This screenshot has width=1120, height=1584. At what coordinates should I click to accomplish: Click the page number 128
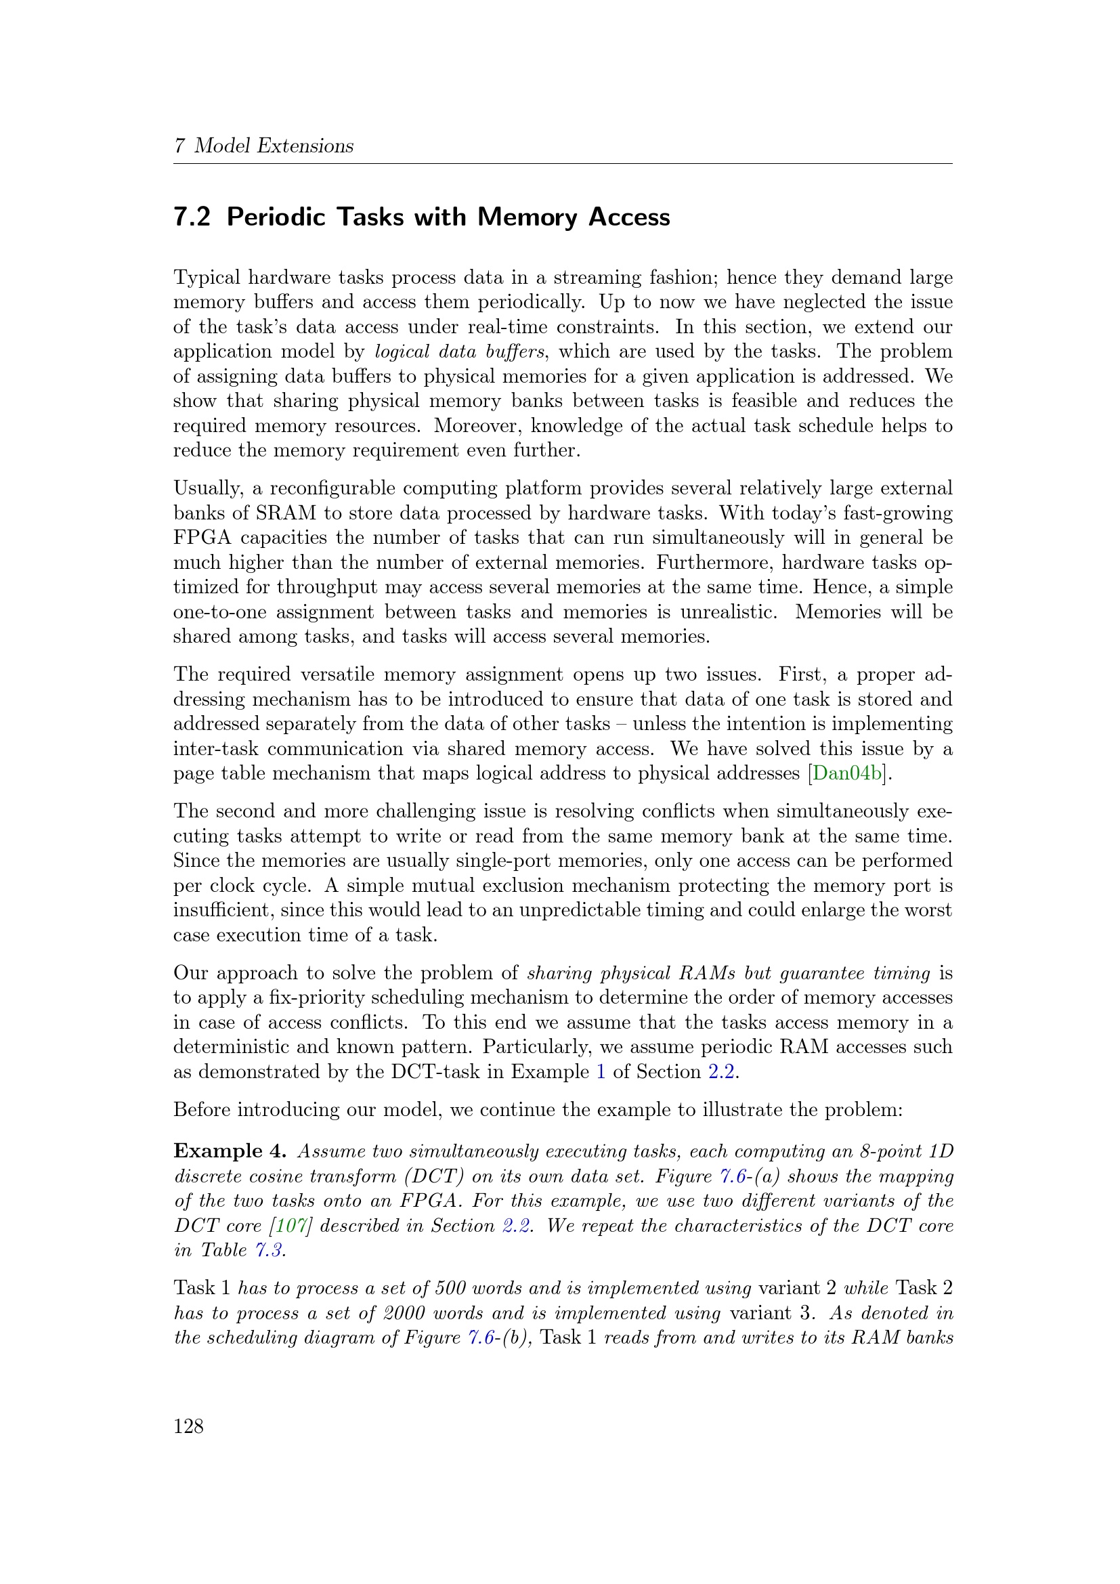click(x=188, y=1426)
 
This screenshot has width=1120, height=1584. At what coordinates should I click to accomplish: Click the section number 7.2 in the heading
click(x=192, y=217)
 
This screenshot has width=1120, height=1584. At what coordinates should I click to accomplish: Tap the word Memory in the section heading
click(x=527, y=217)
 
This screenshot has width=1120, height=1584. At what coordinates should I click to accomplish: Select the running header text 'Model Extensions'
click(x=273, y=146)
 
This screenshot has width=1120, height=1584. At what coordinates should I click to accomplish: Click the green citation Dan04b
click(x=847, y=773)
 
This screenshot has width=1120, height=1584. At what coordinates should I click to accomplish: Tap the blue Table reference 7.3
click(x=268, y=1250)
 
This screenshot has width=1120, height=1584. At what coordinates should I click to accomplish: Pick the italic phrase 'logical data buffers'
click(x=459, y=351)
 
